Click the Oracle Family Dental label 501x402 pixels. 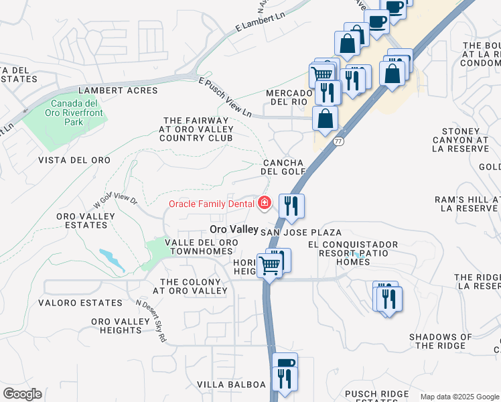click(x=212, y=204)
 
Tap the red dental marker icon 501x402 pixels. click(x=265, y=202)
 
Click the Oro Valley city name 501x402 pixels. click(x=230, y=229)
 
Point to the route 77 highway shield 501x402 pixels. click(x=339, y=142)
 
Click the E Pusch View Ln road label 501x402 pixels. click(x=224, y=97)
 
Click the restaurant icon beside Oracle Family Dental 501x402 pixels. click(x=291, y=206)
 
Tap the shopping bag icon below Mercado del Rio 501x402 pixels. click(x=325, y=119)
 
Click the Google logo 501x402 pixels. click(x=22, y=394)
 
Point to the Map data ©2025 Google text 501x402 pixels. click(x=459, y=397)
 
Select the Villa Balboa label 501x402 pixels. click(x=231, y=385)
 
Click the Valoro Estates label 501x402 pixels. click(x=80, y=303)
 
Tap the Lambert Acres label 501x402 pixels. click(x=118, y=90)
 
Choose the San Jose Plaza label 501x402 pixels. click(x=301, y=232)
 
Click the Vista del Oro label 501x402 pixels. click(x=74, y=160)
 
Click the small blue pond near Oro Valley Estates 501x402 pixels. click(x=111, y=259)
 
